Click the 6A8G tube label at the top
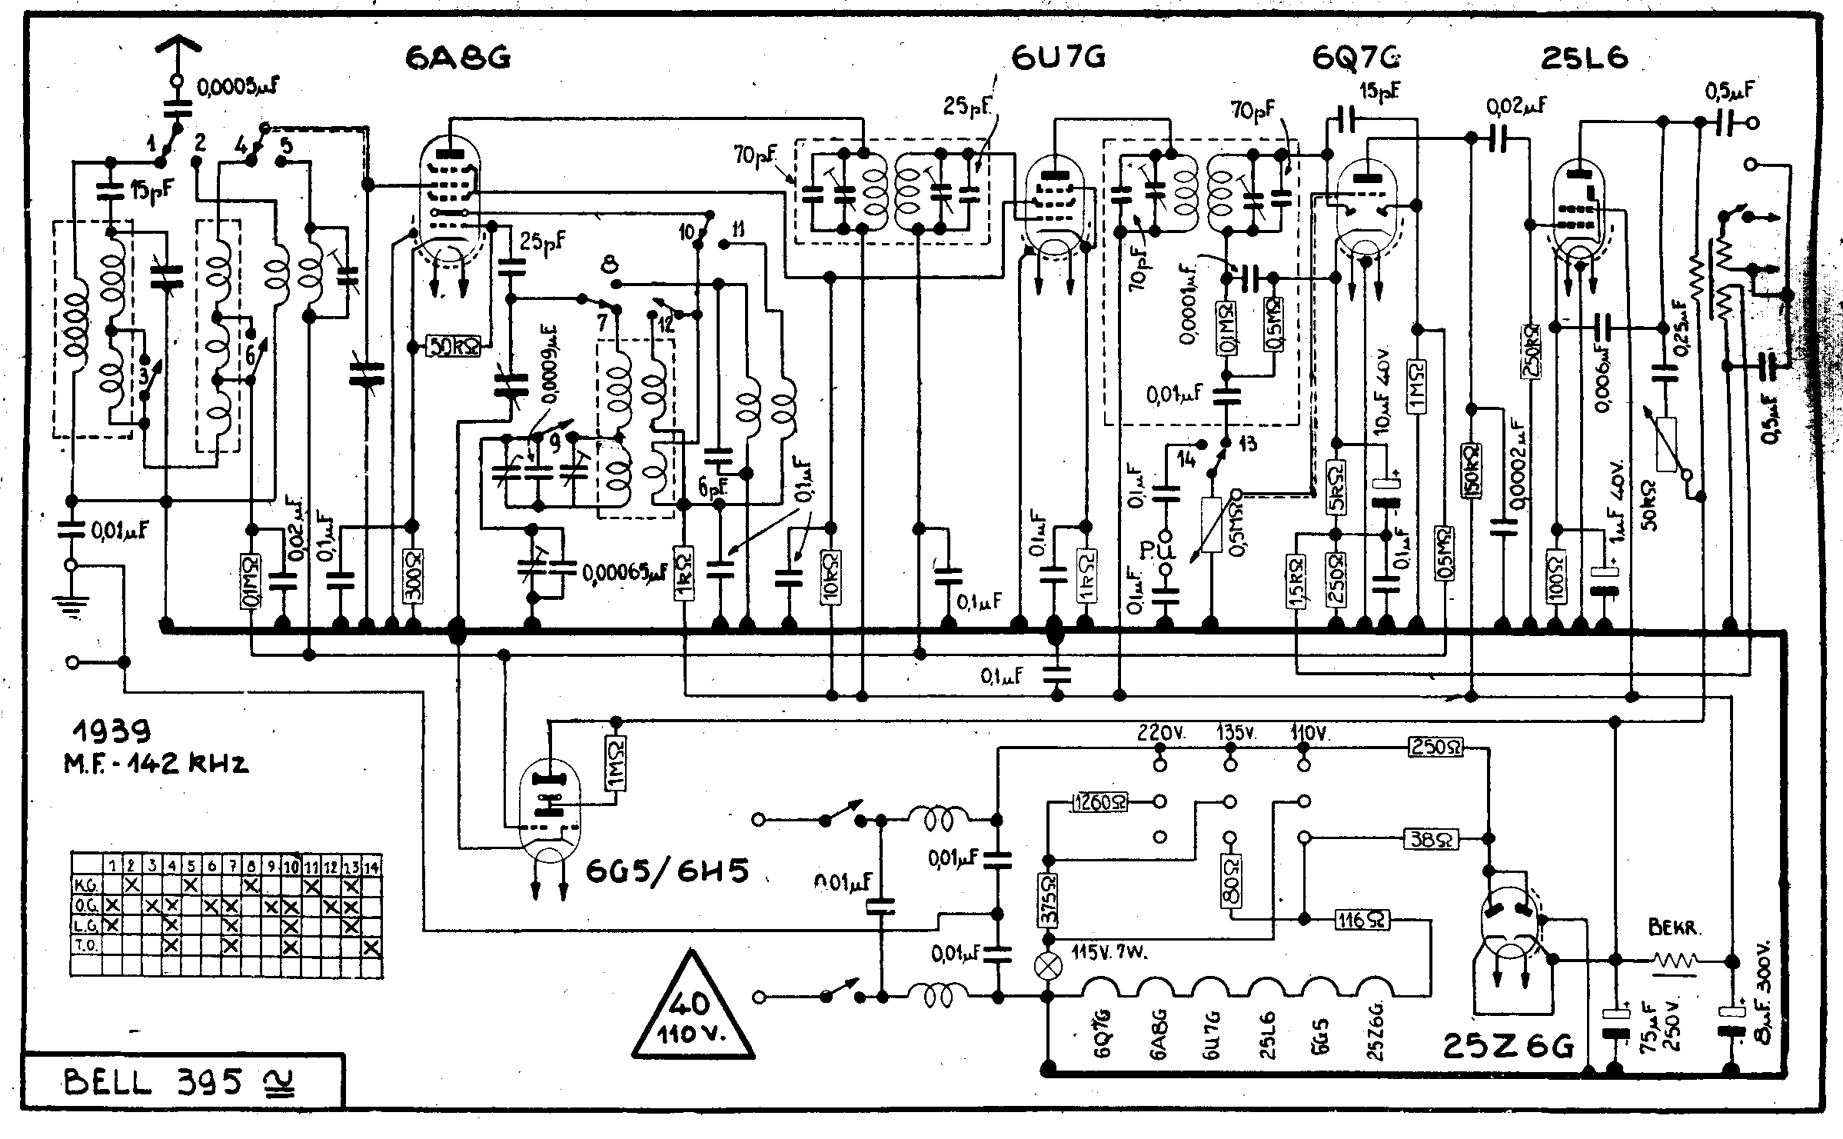(458, 58)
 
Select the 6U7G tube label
(1059, 58)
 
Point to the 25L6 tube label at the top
(1585, 58)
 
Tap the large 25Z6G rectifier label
(1509, 1046)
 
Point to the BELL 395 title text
(154, 1083)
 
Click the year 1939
(112, 730)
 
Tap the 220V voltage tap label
(1161, 734)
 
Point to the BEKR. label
(1672, 928)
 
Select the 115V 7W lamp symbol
(1046, 966)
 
